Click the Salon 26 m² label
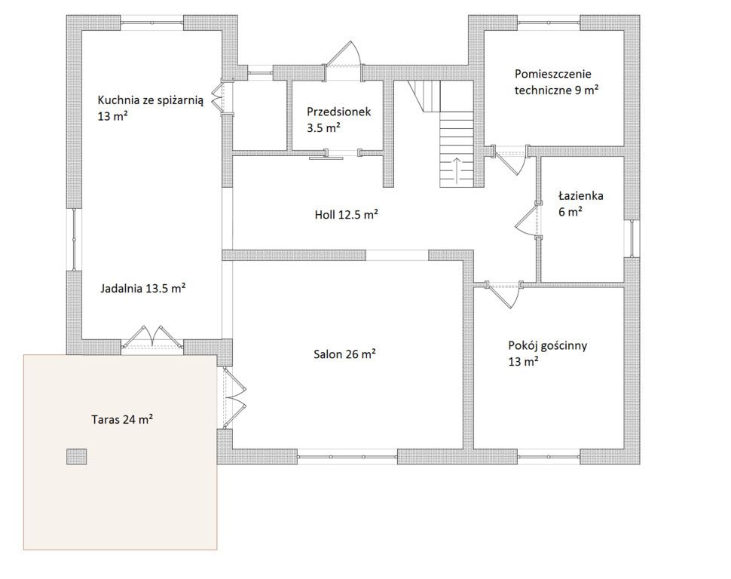point(344,354)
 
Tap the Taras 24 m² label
point(123,419)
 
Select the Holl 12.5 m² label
point(346,215)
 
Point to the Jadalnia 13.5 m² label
point(143,288)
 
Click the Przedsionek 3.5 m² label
point(339,119)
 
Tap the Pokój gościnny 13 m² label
point(547,353)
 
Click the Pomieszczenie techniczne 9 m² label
point(557,81)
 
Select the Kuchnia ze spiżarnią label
point(151,100)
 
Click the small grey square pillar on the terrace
point(76,457)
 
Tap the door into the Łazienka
point(529,219)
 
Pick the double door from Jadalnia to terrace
point(152,337)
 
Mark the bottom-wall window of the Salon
point(347,456)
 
